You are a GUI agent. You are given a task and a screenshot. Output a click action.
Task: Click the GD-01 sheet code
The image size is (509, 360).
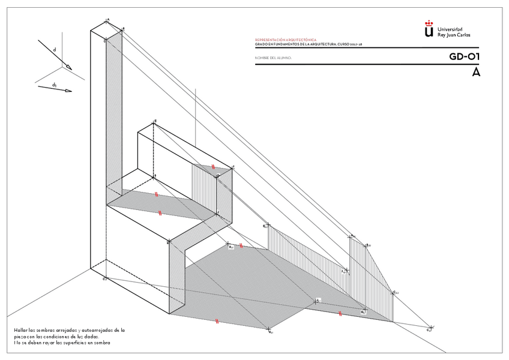coord(465,57)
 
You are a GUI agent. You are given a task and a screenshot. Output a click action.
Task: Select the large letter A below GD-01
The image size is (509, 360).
coord(476,72)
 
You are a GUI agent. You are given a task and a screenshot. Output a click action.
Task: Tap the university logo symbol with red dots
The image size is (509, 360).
coord(429,30)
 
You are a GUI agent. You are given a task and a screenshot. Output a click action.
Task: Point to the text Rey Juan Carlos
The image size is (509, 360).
coord(454,35)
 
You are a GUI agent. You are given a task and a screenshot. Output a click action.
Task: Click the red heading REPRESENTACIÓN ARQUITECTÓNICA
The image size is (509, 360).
coord(286,40)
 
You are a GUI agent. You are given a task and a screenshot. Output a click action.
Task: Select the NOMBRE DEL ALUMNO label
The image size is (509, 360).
coord(273,58)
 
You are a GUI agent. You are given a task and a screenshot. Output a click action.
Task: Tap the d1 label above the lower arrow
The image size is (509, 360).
coord(54,85)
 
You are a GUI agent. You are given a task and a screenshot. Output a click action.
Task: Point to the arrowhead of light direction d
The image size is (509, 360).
coord(68,67)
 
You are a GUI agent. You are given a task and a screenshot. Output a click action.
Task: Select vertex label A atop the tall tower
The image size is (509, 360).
coord(107,19)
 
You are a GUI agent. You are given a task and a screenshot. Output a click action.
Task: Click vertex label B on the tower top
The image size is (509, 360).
coord(123,28)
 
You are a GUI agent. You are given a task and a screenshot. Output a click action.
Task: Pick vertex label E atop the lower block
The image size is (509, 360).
coord(155,121)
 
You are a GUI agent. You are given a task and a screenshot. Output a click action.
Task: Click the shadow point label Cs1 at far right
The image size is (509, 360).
coord(429,329)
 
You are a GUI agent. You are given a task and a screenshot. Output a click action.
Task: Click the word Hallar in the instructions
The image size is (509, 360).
coord(20,330)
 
